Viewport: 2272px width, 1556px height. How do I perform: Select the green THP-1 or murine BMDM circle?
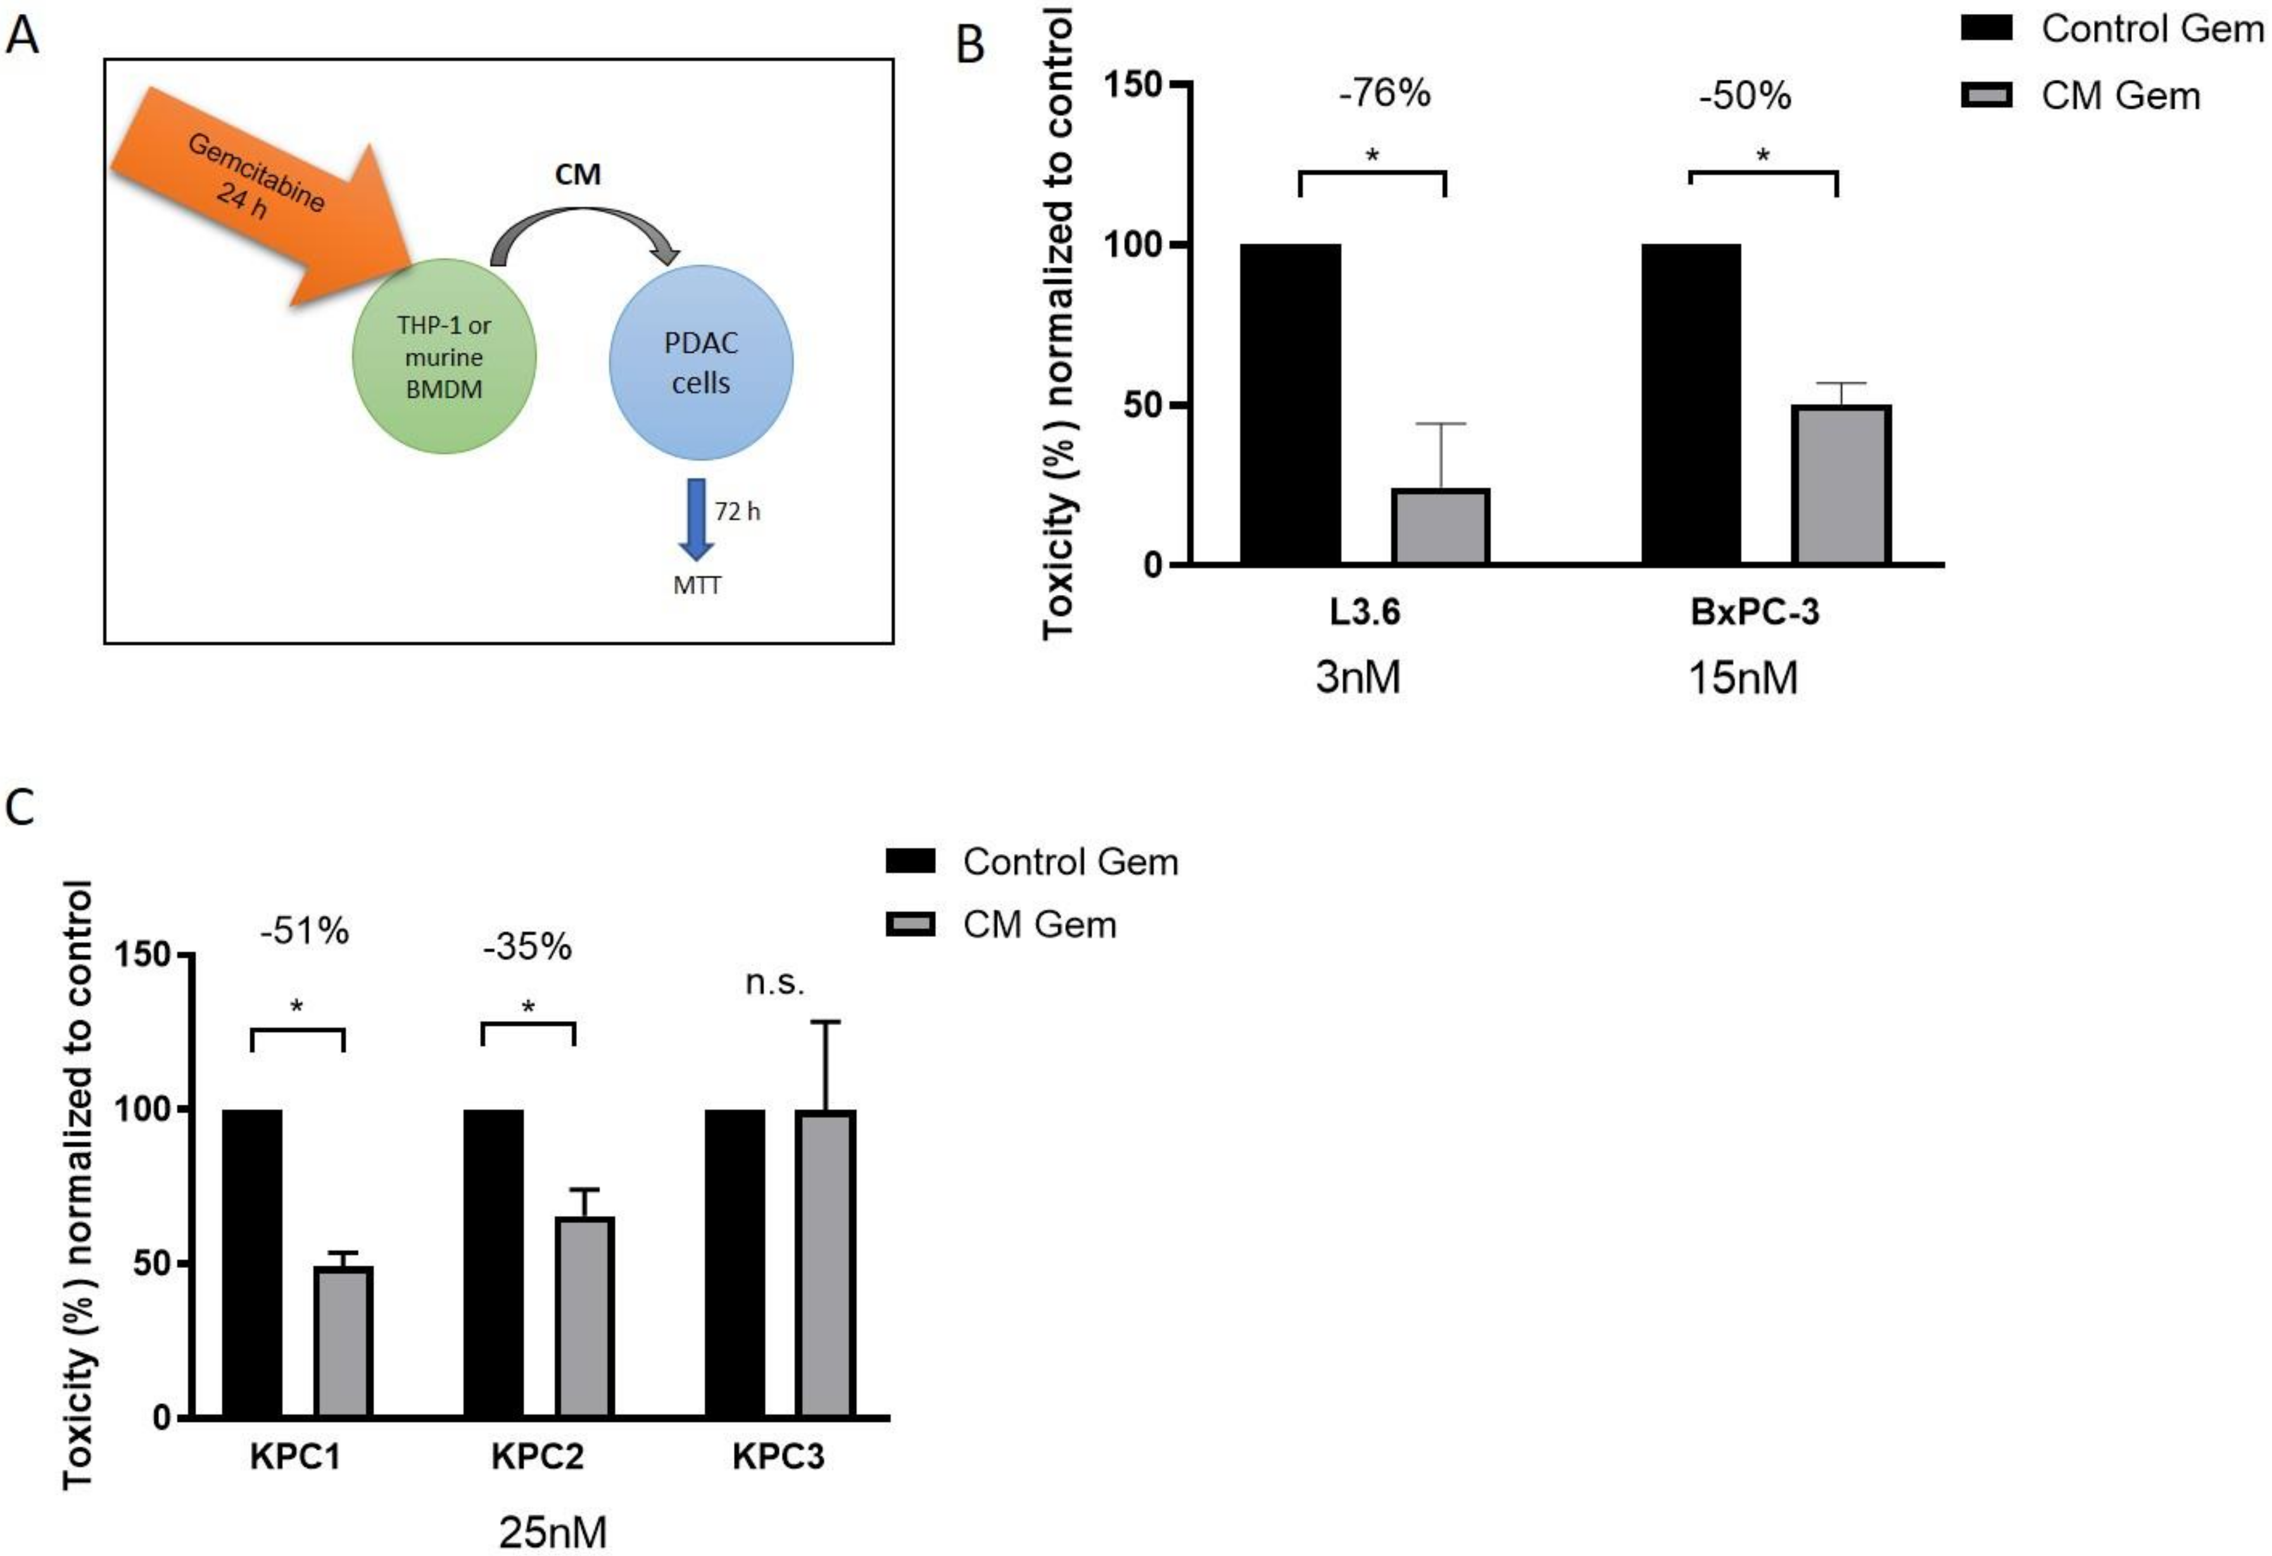[x=444, y=357]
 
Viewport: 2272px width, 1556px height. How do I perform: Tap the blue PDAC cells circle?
[x=701, y=361]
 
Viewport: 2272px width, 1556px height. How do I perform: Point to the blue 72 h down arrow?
[x=696, y=518]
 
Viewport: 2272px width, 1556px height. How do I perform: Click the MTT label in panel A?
[x=697, y=586]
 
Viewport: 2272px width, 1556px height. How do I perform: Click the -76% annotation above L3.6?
[x=1384, y=94]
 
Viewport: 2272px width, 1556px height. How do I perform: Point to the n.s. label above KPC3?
[x=775, y=982]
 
